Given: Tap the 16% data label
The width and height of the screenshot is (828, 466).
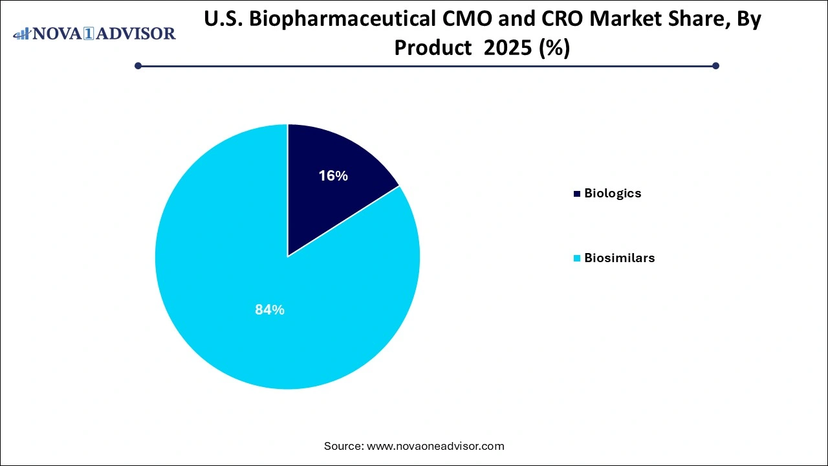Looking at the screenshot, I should tap(333, 175).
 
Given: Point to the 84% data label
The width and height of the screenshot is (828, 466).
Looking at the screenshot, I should tap(270, 310).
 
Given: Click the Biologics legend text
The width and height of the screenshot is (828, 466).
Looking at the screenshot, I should tap(613, 193).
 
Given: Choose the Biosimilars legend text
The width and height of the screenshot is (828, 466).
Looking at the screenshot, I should tap(619, 258).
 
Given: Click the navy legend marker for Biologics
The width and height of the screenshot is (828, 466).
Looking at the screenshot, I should tap(576, 194).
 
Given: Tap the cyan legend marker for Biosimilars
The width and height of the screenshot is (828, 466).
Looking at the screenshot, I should tap(576, 258).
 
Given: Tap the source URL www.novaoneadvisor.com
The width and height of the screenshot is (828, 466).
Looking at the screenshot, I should tap(435, 446).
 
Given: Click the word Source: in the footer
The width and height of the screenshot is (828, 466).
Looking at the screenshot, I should tap(343, 446).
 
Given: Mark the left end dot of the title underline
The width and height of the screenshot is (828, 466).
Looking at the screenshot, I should tap(138, 65).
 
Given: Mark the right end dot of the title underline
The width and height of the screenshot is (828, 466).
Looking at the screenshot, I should tap(715, 65).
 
